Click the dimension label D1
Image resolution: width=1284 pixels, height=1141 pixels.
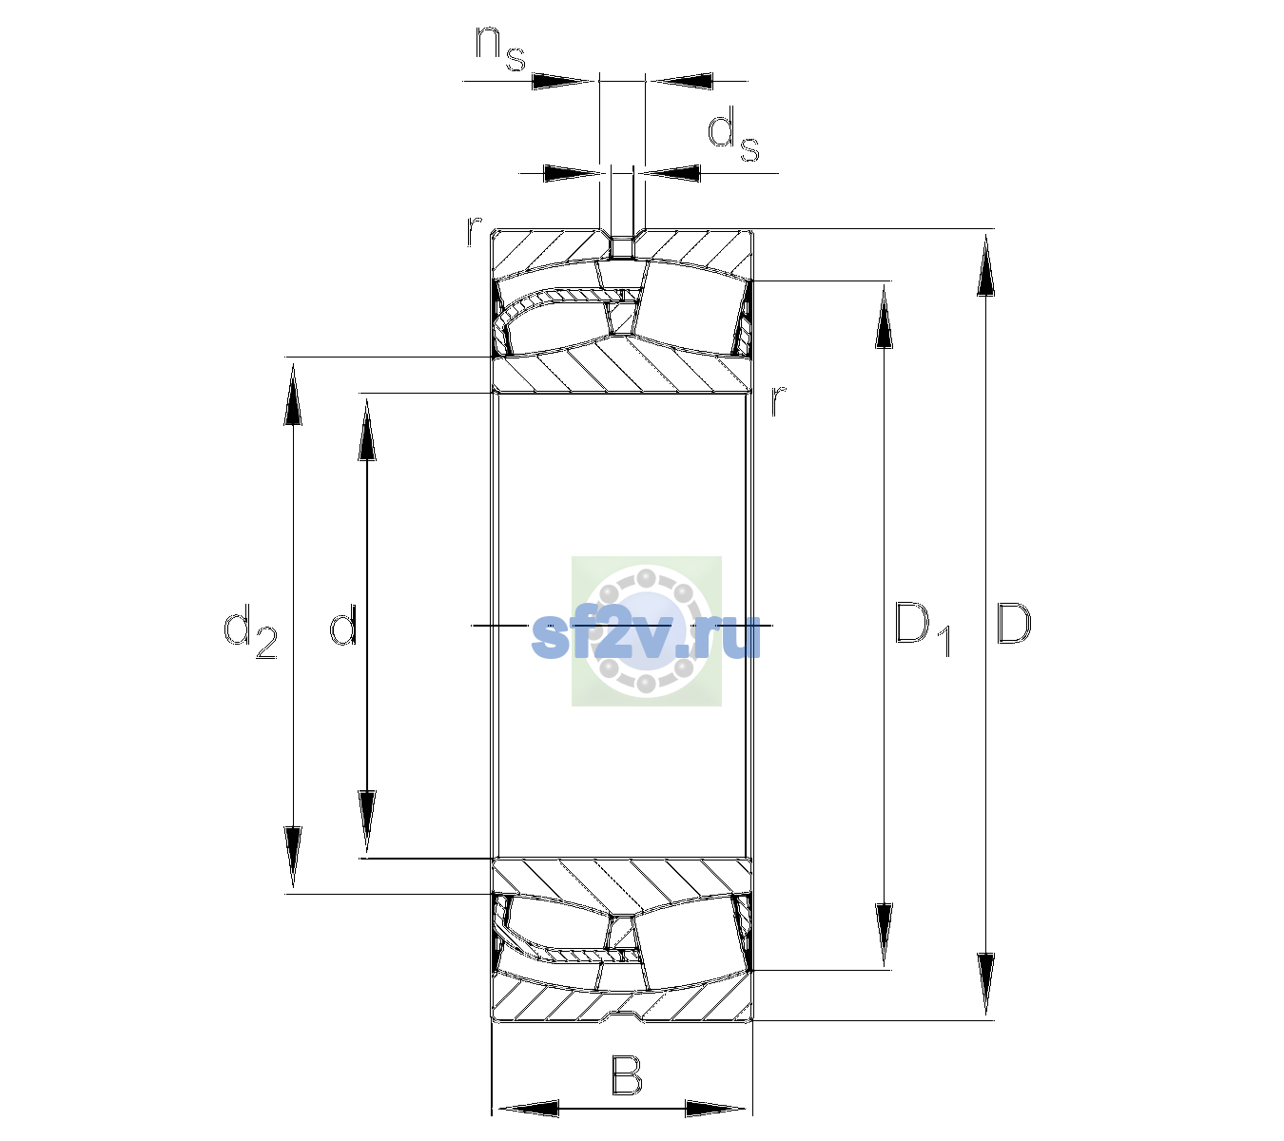click(923, 629)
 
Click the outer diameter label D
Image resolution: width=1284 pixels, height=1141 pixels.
click(1014, 624)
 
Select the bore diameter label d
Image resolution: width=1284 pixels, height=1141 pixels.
click(343, 624)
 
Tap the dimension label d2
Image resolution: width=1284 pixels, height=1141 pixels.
click(250, 630)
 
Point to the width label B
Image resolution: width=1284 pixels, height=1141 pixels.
click(627, 1075)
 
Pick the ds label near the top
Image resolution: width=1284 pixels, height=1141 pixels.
click(733, 134)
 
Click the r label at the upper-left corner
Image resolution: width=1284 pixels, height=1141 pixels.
click(474, 231)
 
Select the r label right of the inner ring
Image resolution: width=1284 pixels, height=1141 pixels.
click(778, 400)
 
